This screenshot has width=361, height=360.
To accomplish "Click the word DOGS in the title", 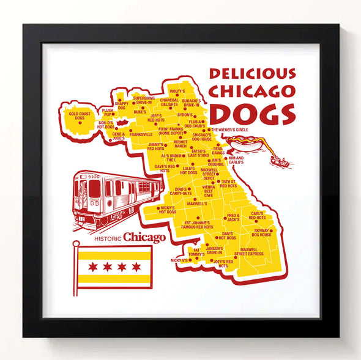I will pos(251,114).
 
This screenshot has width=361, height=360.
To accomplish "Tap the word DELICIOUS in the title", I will pos(252,74).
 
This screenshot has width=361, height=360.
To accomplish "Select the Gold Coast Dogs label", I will pos(80,116).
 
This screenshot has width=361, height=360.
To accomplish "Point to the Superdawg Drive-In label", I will pos(144,100).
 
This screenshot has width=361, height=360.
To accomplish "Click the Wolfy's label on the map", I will pos(177,91).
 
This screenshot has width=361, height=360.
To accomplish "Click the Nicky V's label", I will pos(179,260).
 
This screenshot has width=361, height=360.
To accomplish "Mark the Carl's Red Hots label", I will pos(257,216).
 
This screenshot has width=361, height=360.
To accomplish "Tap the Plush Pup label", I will pos(108,112).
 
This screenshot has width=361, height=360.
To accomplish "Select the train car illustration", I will pos(116,195).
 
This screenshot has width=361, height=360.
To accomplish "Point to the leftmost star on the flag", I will pos(92,267).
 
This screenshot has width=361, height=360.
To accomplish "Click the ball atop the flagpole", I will pos(76,243).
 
